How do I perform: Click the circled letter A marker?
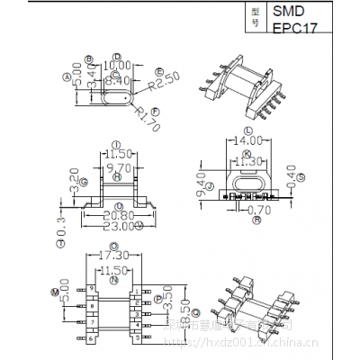pyautogui.click(x=67, y=77)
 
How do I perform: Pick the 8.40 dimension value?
pyautogui.click(x=117, y=80)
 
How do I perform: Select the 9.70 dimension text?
pyautogui.click(x=117, y=167)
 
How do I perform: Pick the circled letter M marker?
pyautogui.click(x=55, y=293)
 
